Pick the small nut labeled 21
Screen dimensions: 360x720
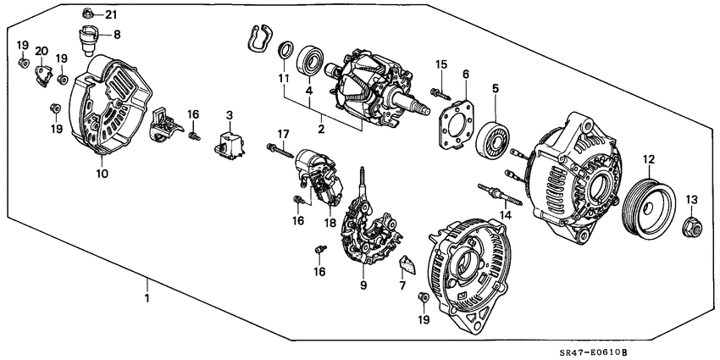tap(88, 14)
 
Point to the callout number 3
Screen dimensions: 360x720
tap(228, 114)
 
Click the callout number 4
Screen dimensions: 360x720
tap(310, 90)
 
